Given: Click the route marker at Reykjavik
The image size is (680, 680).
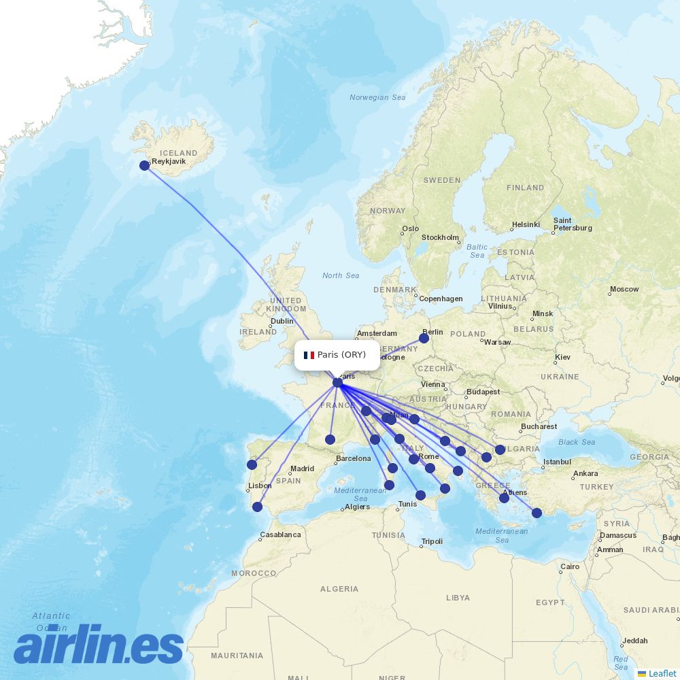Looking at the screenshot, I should [x=144, y=165].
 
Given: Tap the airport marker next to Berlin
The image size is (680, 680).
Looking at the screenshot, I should [x=424, y=338].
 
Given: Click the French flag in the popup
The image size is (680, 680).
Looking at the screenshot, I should [x=309, y=355].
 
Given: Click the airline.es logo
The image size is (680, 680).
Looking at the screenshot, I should [x=99, y=644].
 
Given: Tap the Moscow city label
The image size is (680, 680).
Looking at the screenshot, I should [x=624, y=289].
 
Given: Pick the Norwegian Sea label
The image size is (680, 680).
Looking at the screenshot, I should [x=377, y=97].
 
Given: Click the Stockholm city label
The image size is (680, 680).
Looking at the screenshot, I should [x=440, y=237].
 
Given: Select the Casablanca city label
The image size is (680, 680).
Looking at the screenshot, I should [x=280, y=534].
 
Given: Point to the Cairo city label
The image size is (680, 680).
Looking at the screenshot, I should [x=570, y=566].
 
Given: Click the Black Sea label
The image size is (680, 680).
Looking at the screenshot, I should [x=577, y=442].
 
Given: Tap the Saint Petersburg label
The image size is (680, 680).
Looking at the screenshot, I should [x=572, y=224].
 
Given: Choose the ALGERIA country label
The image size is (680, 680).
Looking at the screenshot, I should [x=339, y=589].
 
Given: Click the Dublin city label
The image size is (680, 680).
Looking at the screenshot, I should [x=282, y=321].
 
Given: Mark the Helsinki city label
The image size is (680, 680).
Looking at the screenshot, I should [x=526, y=224].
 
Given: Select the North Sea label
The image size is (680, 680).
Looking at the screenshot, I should [x=341, y=275].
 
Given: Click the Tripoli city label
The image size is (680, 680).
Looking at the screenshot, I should [x=432, y=541].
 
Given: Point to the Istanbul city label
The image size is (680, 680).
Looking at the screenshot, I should [x=558, y=462].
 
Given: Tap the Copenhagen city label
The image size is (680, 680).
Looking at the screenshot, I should [x=441, y=299].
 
